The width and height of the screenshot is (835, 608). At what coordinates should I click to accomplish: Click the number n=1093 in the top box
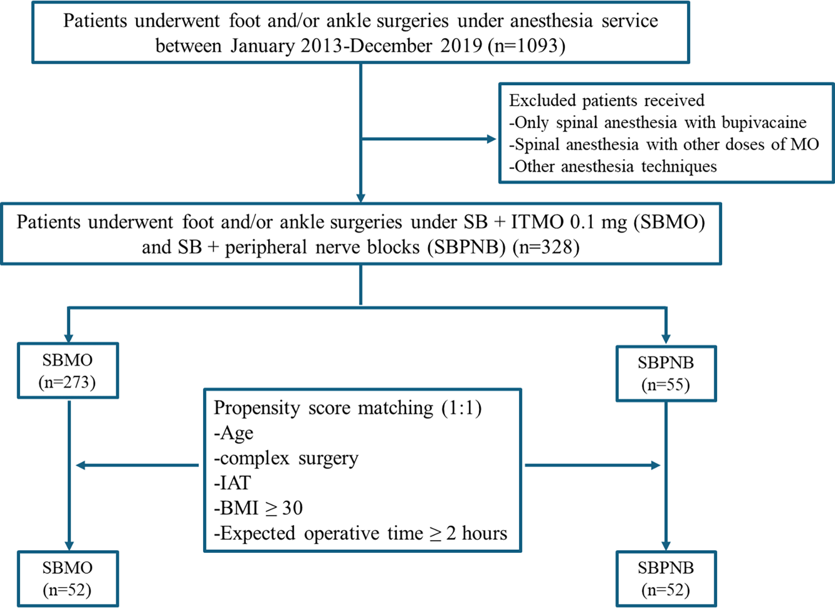527,46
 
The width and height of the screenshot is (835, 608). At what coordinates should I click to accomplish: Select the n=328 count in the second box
546,248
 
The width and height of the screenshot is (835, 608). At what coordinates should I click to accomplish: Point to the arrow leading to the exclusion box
429,139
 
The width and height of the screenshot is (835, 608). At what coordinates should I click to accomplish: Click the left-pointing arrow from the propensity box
137,465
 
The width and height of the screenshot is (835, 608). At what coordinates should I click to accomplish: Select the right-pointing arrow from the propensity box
593,465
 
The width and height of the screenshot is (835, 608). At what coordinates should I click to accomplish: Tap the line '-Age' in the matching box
234,433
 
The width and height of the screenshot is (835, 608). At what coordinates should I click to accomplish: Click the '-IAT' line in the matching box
233,483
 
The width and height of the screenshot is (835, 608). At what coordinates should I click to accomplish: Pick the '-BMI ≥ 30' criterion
258,508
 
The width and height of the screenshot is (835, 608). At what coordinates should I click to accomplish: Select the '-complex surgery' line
286,458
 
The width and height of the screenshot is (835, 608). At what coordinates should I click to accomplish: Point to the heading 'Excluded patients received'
607,101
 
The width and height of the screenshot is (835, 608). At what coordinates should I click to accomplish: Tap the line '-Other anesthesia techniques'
613,166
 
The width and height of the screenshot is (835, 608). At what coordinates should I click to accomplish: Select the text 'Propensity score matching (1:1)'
348,409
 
